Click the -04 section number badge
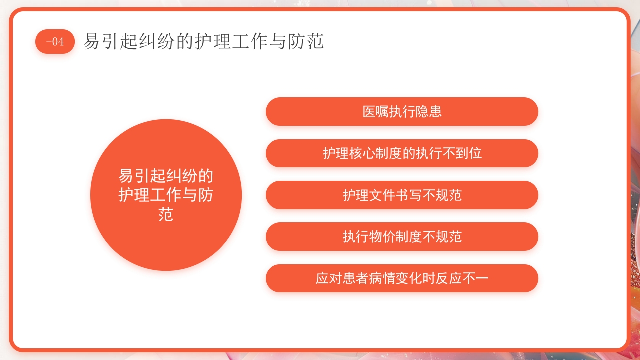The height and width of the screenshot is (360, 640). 55,42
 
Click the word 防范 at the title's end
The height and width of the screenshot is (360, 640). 306,41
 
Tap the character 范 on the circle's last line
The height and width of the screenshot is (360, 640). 166,214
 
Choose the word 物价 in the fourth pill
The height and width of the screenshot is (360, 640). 382,236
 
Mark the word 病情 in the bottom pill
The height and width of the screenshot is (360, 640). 382,278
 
